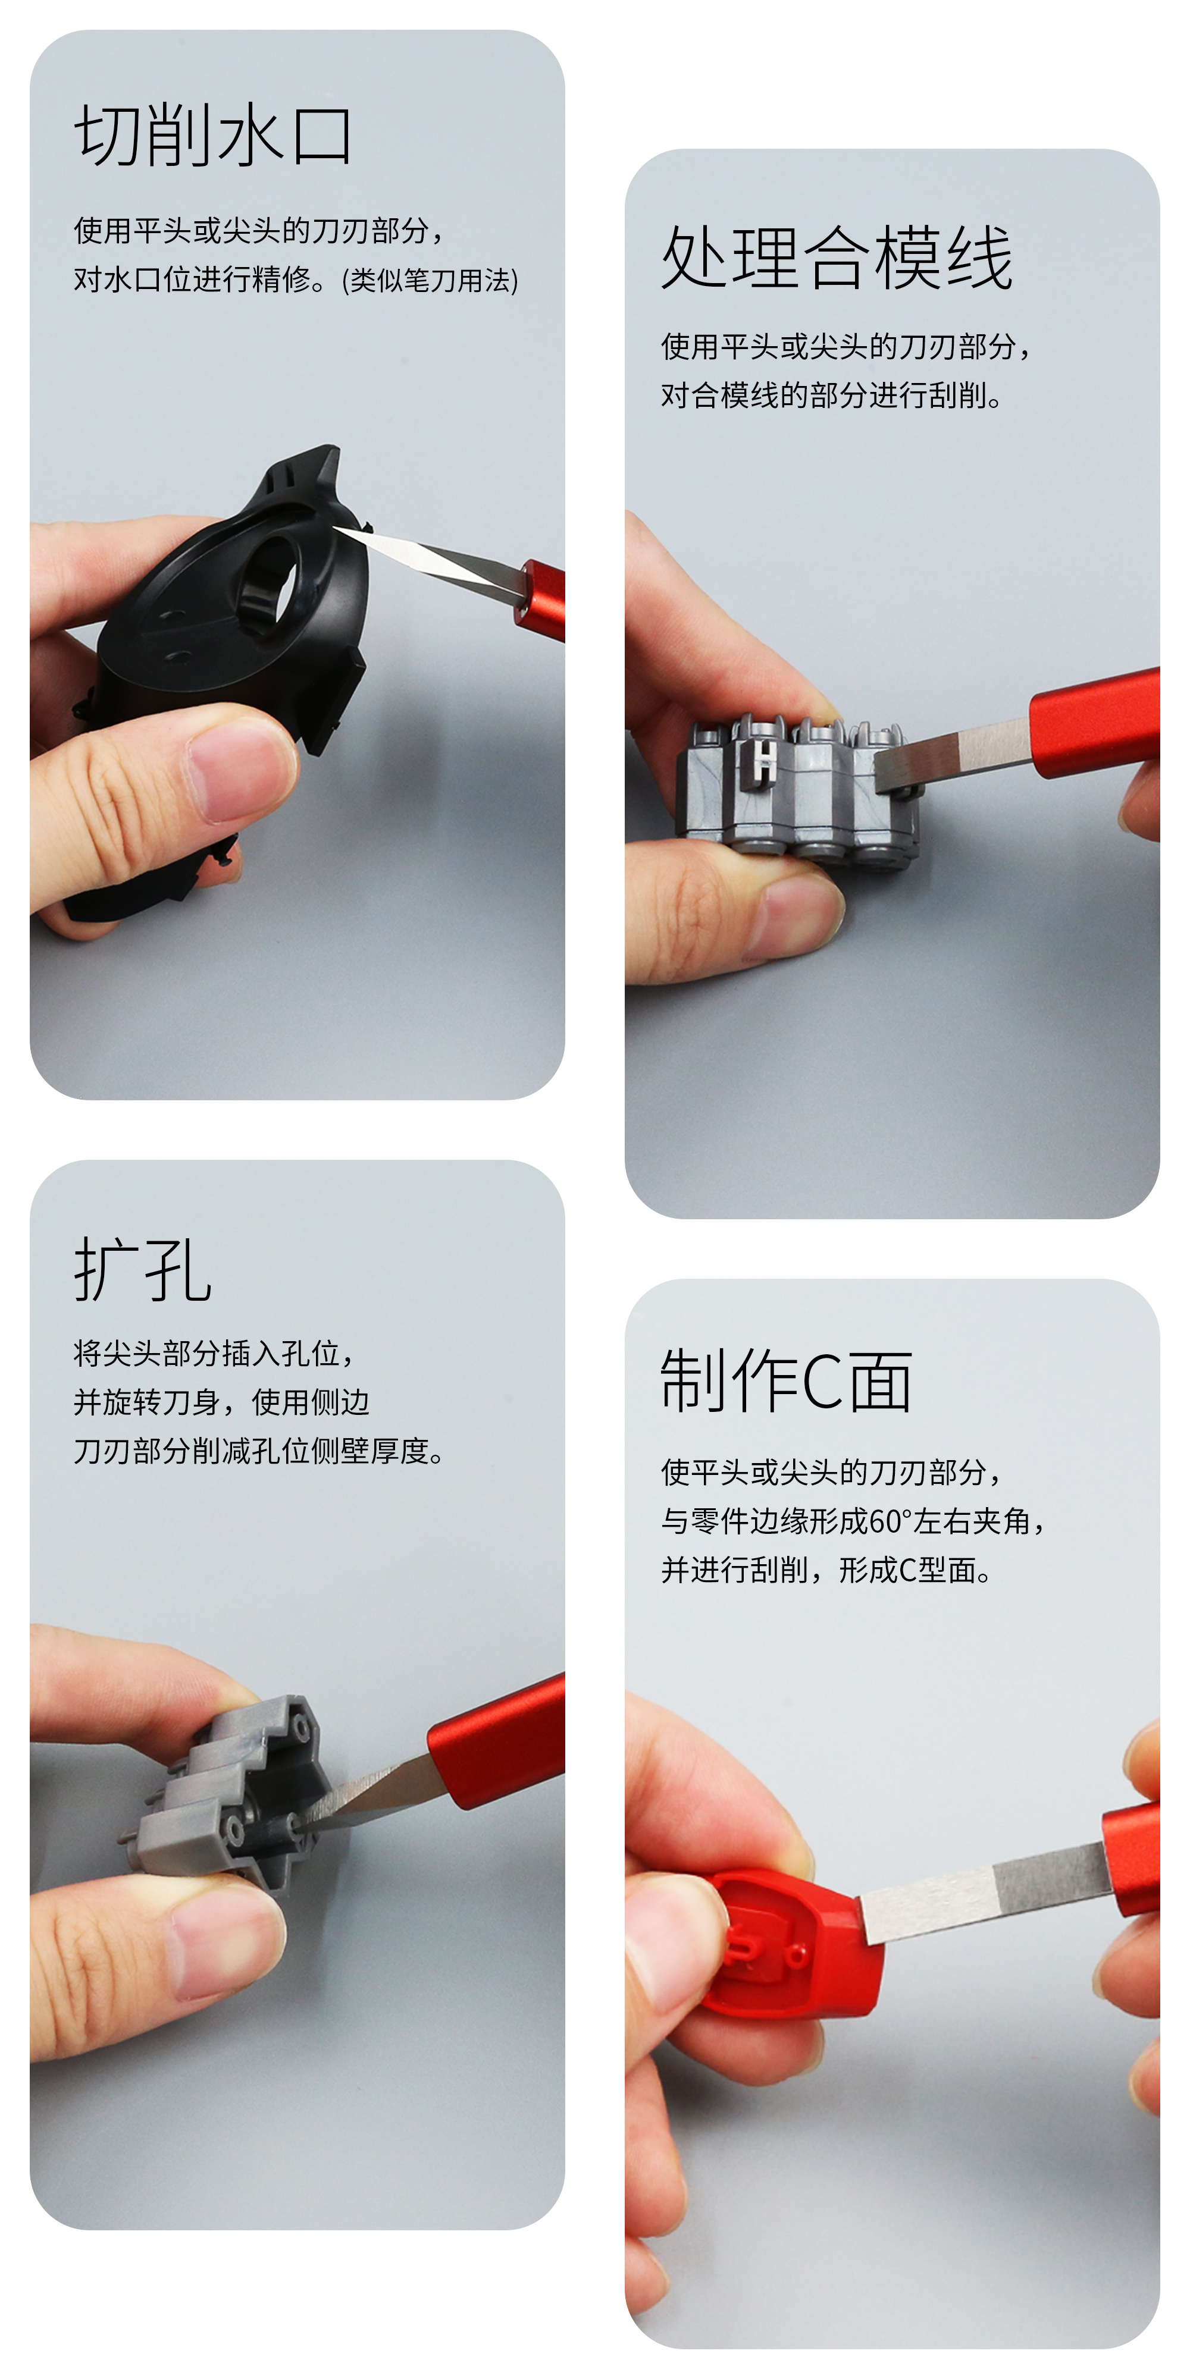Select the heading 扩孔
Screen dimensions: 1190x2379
tap(143, 1270)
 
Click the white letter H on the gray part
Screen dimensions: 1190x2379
tap(764, 760)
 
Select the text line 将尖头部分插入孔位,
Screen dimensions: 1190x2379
tap(214, 1353)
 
